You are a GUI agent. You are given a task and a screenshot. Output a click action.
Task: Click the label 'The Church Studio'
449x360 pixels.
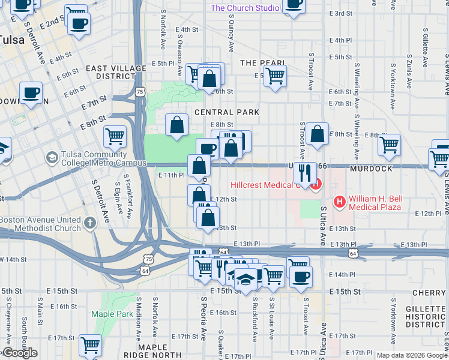245,8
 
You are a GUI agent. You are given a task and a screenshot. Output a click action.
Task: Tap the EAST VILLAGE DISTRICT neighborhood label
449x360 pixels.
110,73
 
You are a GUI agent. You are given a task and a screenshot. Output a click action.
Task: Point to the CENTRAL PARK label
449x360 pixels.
226,112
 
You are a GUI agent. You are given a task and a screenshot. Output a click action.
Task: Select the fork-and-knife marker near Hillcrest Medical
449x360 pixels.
306,172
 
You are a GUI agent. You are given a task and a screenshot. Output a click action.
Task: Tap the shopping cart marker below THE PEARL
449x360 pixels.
274,75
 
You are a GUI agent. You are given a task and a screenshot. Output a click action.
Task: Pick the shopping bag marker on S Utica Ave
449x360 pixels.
318,134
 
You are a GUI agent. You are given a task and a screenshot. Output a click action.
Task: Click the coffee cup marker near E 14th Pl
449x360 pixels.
301,275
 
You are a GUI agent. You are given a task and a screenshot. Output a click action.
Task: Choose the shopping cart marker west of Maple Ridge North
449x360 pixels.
90,344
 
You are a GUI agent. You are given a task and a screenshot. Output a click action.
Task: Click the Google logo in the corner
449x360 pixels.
19,353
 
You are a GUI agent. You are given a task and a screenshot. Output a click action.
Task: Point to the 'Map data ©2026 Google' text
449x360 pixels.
412,355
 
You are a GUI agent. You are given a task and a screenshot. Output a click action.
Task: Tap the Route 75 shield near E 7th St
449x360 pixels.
140,91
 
